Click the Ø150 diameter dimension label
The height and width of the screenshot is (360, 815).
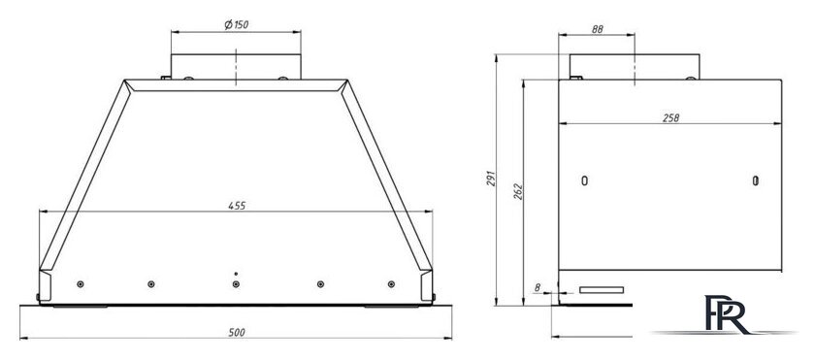(x=236, y=24)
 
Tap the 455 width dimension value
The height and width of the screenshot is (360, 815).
(x=237, y=206)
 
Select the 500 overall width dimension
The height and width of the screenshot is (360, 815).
(x=237, y=333)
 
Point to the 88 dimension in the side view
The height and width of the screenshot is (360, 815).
(x=598, y=30)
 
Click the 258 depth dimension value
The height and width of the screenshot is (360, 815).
(x=670, y=118)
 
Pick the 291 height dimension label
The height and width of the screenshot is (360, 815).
(x=491, y=179)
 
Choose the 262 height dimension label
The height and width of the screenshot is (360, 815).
(x=518, y=192)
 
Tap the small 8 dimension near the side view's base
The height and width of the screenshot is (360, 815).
(x=537, y=287)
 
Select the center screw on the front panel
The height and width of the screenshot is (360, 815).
(x=236, y=284)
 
